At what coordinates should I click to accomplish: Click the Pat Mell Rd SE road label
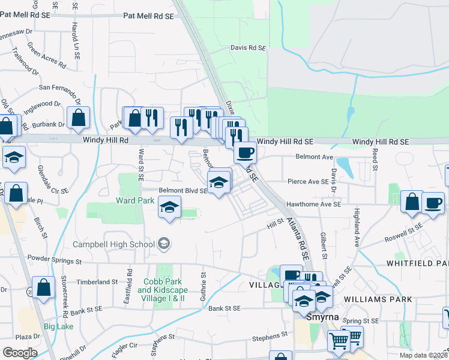pyautogui.click(x=148, y=16)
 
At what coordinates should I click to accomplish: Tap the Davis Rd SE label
pyautogui.click(x=248, y=47)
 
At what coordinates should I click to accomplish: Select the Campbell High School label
pyautogui.click(x=114, y=244)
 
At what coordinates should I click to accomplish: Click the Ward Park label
pyautogui.click(x=132, y=200)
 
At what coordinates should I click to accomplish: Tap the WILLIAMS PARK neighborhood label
pyautogui.click(x=378, y=299)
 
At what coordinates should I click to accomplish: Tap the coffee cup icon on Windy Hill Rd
pyautogui.click(x=244, y=152)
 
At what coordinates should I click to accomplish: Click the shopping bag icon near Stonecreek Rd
pyautogui.click(x=44, y=287)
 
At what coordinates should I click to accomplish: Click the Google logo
pyautogui.click(x=20, y=352)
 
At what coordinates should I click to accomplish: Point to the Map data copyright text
pyautogui.click(x=423, y=355)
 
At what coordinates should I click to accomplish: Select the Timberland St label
pyautogui.click(x=98, y=281)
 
